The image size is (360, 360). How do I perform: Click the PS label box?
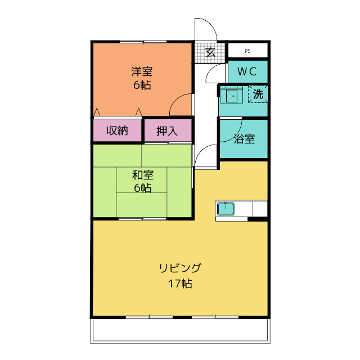tap(247, 51)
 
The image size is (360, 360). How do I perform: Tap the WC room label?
tap(247, 71)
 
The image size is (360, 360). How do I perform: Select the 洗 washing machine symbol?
tap(258, 94)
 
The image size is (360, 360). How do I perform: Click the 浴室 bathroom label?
tap(244, 139)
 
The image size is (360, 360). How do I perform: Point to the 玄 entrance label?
tap(210, 52)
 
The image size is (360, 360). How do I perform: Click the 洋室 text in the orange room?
tap(142, 72)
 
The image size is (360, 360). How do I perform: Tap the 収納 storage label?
tap(117, 130)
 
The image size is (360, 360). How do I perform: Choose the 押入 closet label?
tap(167, 131)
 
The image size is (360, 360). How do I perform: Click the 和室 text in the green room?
tap(142, 175)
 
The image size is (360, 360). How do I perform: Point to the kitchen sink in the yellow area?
tap(226, 209)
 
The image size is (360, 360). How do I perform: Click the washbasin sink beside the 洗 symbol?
tap(231, 96)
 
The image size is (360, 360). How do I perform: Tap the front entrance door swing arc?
tap(204, 28)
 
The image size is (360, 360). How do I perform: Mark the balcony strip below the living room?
tap(180, 331)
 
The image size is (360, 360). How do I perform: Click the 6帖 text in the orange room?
tap(142, 85)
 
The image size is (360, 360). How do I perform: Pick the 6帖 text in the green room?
tap(142, 188)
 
